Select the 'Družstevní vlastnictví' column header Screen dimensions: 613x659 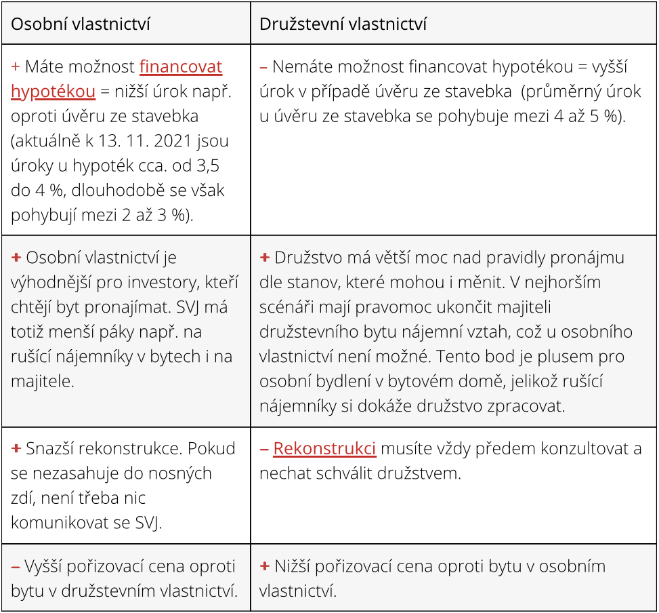[343, 24]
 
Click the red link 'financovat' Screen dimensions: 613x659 [181, 67]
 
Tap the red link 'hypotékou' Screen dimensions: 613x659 [53, 92]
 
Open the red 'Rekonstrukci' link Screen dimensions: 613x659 [324, 449]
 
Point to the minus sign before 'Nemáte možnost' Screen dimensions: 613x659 [263, 67]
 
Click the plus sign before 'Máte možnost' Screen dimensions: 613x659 [16, 67]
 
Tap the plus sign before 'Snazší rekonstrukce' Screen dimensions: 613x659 [16, 449]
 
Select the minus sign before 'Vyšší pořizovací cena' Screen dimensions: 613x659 [16, 566]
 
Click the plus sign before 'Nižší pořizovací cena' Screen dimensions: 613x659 [264, 566]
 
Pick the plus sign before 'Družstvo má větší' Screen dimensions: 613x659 [264, 258]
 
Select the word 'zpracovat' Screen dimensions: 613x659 [528, 406]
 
